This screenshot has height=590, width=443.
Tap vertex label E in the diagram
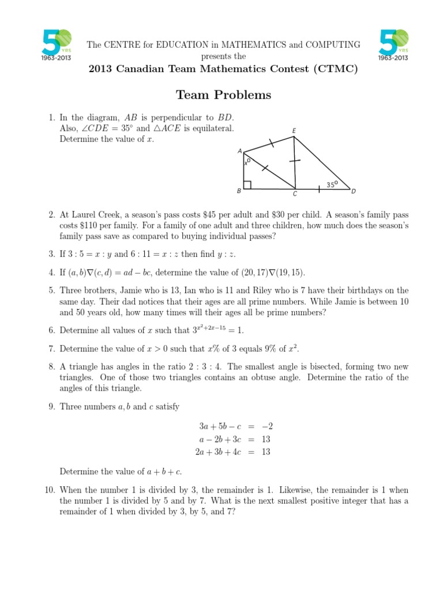pyautogui.click(x=294, y=131)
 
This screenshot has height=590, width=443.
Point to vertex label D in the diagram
pyautogui.click(x=353, y=191)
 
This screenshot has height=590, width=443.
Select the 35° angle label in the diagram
pyautogui.click(x=331, y=184)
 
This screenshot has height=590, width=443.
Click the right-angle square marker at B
pyautogui.click(x=246, y=185)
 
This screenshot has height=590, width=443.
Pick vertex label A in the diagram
pyautogui.click(x=239, y=151)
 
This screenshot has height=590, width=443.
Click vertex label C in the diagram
pyautogui.click(x=295, y=194)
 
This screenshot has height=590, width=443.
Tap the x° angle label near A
pyautogui.click(x=247, y=162)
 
